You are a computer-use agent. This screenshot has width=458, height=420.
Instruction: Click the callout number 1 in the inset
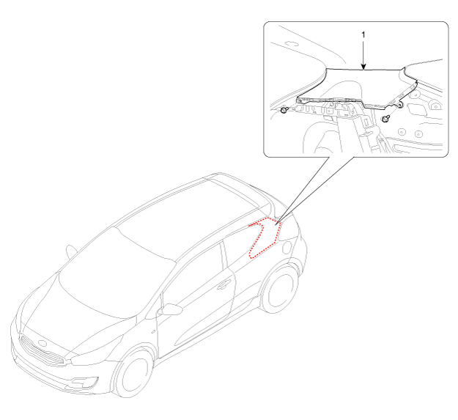363,34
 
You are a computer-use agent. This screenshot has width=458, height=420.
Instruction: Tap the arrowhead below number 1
363,67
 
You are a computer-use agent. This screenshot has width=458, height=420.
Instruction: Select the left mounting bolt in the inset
284,110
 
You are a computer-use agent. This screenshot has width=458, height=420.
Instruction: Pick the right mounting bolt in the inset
386,119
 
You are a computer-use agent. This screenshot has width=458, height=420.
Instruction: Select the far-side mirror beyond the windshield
70,251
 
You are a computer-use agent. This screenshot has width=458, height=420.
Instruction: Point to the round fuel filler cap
287,247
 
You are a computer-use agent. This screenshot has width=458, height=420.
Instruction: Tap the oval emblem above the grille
43,343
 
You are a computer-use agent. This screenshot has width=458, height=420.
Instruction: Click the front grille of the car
41,351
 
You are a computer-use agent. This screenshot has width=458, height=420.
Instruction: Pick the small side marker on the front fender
153,332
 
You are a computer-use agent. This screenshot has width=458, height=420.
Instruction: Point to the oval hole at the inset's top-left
291,43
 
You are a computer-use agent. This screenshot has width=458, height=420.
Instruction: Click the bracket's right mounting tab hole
399,104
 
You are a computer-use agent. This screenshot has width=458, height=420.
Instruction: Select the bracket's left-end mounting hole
300,100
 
